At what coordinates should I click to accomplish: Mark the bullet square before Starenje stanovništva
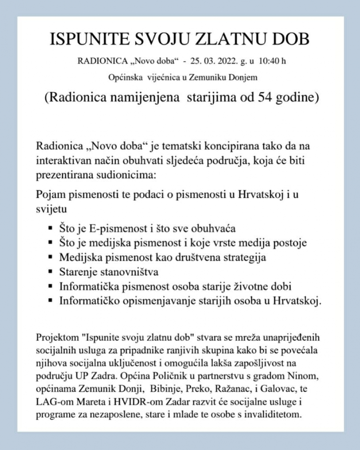pyautogui.click(x=50, y=272)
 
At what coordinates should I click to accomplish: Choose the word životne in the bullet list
pyautogui.click(x=239, y=287)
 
